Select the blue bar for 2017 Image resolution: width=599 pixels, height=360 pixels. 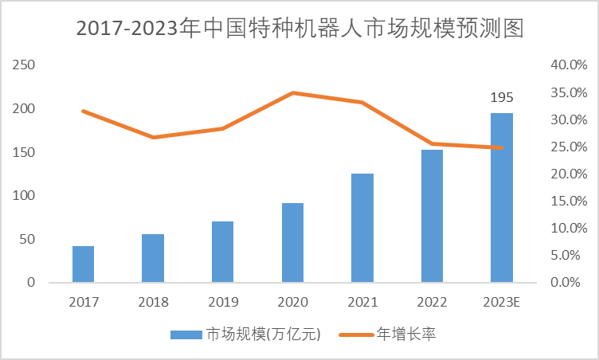coord(83,264)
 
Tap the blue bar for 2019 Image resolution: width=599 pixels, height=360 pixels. coord(222,252)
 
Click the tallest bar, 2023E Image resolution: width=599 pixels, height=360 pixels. coord(501,198)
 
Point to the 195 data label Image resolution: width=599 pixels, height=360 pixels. coord(501,98)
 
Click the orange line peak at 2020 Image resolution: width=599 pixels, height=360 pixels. coord(292,93)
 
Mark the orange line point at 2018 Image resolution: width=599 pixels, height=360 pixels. coord(153,137)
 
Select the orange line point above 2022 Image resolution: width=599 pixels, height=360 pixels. coord(432,144)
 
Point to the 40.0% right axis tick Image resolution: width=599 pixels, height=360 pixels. coord(568,65)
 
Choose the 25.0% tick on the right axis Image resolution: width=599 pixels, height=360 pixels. coord(568,147)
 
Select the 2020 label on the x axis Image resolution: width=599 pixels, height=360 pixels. coord(292,302)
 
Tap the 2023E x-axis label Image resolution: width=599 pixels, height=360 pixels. coord(501,302)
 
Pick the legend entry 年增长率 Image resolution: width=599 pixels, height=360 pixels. coord(405,335)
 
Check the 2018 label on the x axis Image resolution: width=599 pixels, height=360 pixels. coord(153,302)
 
